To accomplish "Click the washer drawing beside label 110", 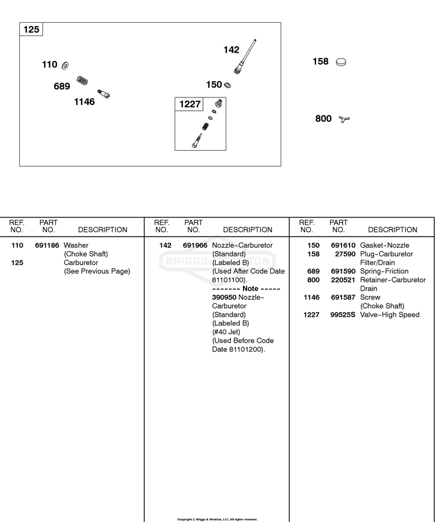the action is click(x=65, y=65).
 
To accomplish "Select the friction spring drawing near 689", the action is click(x=82, y=81).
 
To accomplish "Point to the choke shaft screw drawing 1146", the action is click(x=103, y=94).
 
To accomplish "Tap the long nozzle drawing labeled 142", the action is click(x=245, y=57).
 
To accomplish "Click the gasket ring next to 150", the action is click(x=228, y=85).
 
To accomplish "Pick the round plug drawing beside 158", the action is click(x=341, y=62).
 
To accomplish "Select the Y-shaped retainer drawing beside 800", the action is click(x=345, y=119).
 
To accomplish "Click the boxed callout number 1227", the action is click(x=190, y=104).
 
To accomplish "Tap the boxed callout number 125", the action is click(x=31, y=30).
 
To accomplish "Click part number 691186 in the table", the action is click(x=47, y=245).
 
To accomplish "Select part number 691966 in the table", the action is click(x=195, y=245).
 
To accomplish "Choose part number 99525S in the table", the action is click(x=343, y=314).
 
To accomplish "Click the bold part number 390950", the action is click(x=224, y=298).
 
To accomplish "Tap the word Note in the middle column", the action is click(x=251, y=289).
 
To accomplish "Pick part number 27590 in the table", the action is click(x=345, y=254).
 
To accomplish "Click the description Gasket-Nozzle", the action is click(x=385, y=245).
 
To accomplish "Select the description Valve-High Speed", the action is click(x=390, y=314).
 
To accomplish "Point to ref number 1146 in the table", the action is click(x=311, y=298).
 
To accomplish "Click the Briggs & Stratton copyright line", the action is click(x=217, y=519).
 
